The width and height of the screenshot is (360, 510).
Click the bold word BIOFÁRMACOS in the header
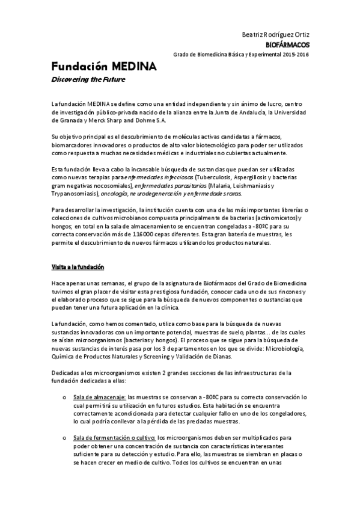[288, 45]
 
